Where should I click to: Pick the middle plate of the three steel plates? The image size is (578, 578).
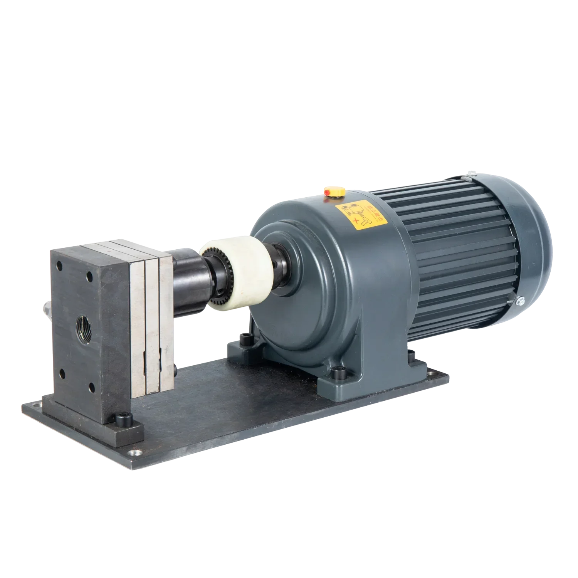point(151,324)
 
